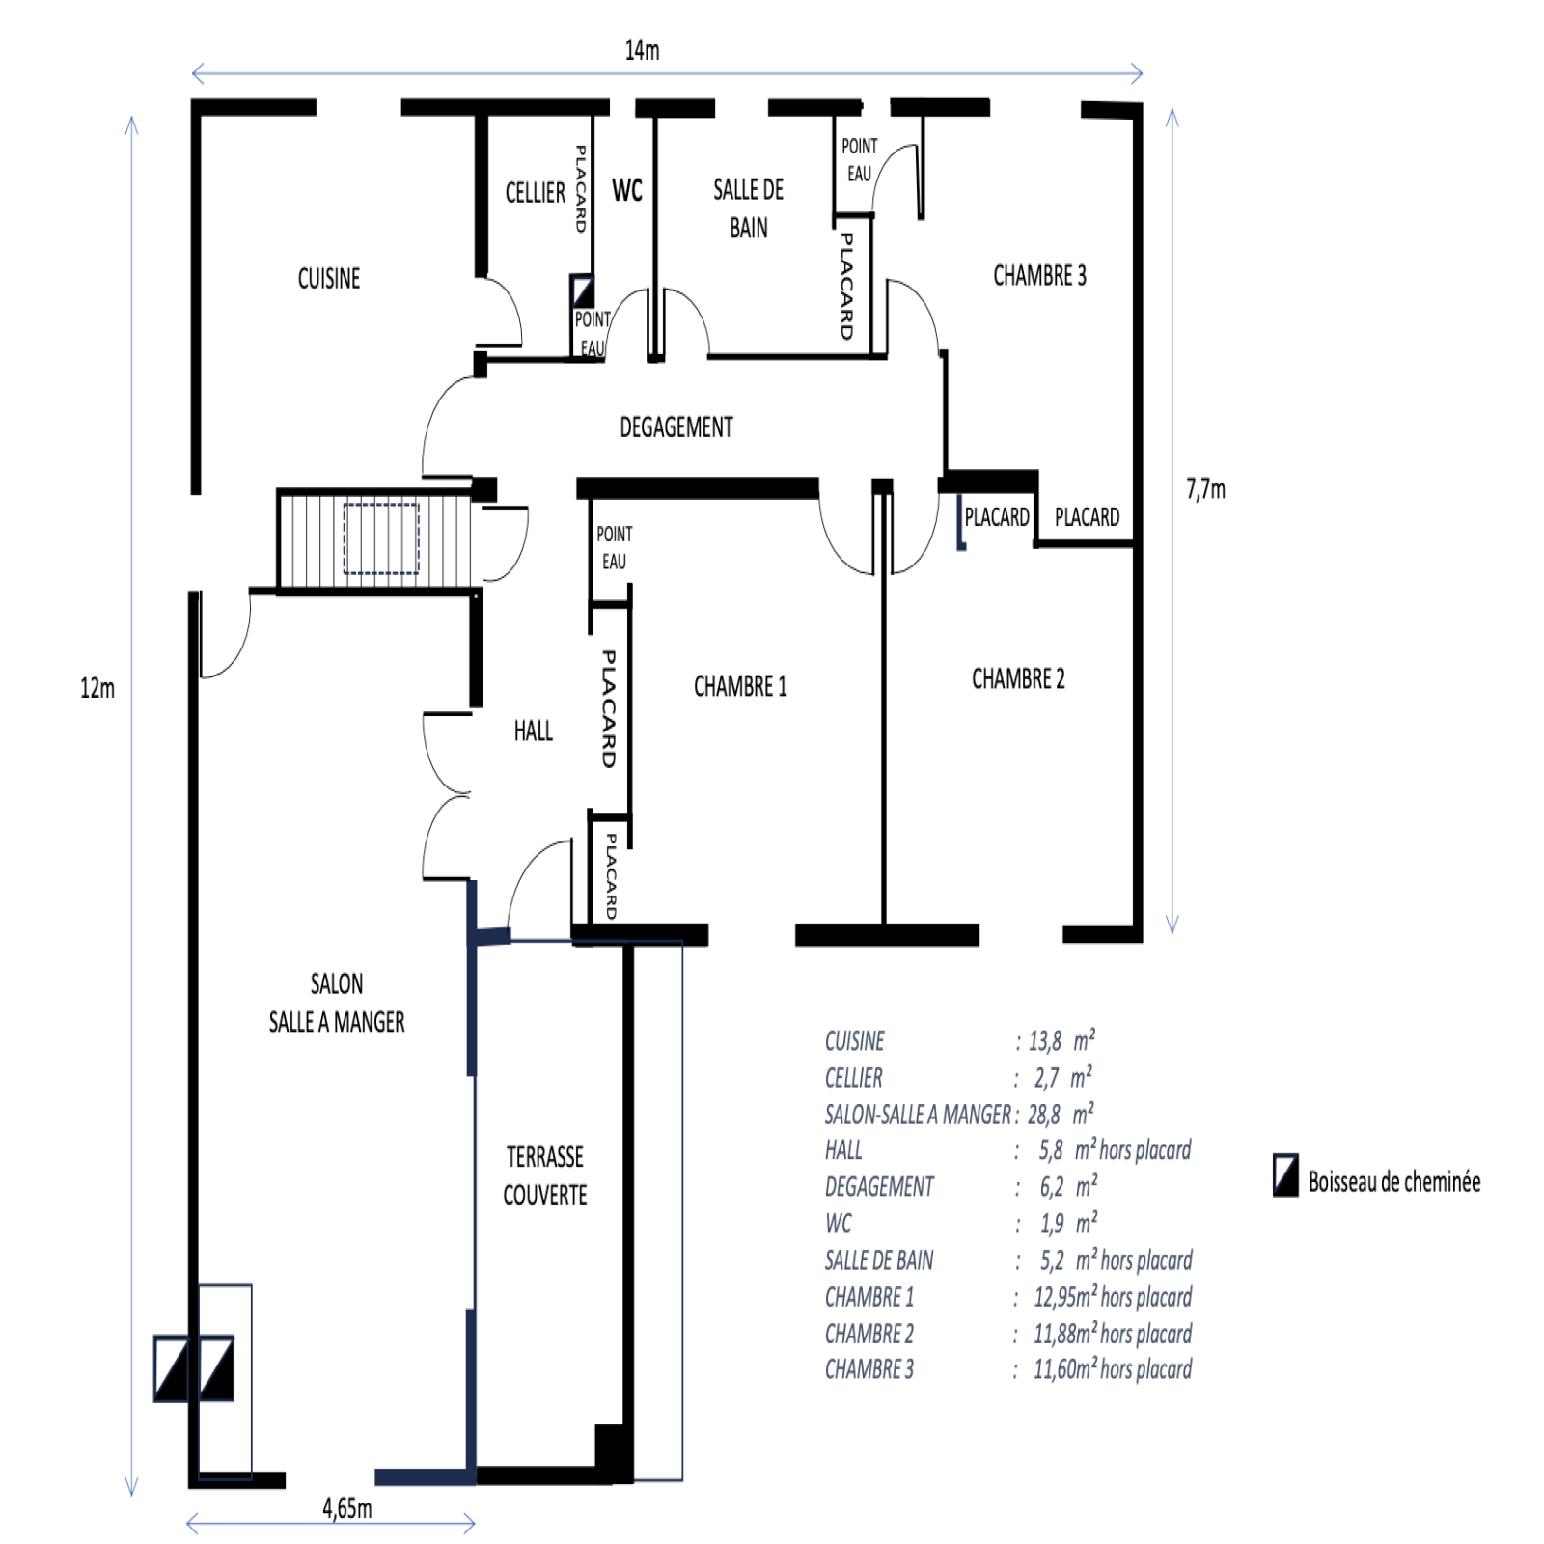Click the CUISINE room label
pyautogui.click(x=329, y=279)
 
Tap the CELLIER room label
pyautogui.click(x=536, y=193)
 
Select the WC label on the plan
pyautogui.click(x=627, y=190)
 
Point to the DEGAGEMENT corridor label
pyautogui.click(x=676, y=427)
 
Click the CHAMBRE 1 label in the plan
pyautogui.click(x=740, y=686)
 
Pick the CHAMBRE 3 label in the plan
pyautogui.click(x=1039, y=276)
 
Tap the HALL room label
pyautogui.click(x=534, y=731)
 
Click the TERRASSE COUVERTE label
pyautogui.click(x=545, y=1175)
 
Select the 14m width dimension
pyautogui.click(x=643, y=50)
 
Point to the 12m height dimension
pyautogui.click(x=97, y=688)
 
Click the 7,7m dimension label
pyautogui.click(x=1206, y=489)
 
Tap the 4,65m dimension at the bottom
pyautogui.click(x=347, y=1508)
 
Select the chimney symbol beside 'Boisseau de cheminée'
pyautogui.click(x=1285, y=1175)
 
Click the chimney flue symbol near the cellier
pyautogui.click(x=582, y=290)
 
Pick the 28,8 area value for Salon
pyautogui.click(x=1044, y=1115)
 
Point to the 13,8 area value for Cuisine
pyautogui.click(x=1045, y=1041)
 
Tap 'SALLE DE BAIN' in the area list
pyautogui.click(x=879, y=1260)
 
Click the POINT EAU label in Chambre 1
pyautogui.click(x=615, y=547)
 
